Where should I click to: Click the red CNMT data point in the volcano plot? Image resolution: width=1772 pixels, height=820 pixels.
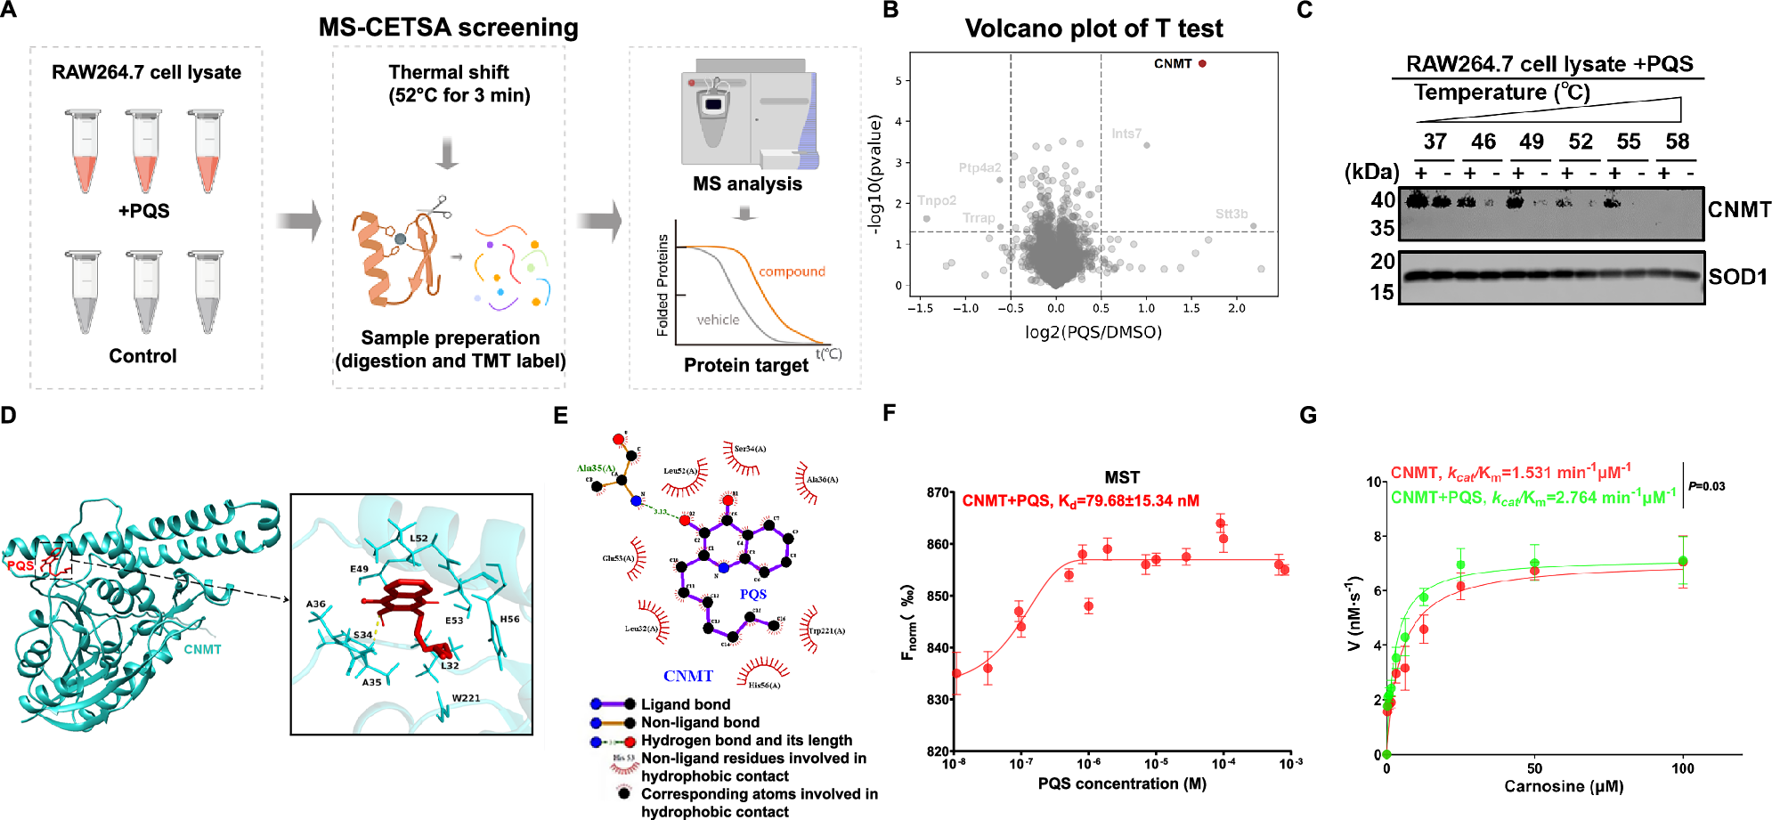click(x=1202, y=63)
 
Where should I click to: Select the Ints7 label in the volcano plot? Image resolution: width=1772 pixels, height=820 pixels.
click(x=1126, y=134)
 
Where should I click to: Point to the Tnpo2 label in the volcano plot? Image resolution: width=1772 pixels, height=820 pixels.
click(x=937, y=200)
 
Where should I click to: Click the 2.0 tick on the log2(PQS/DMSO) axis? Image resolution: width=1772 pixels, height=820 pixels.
click(x=1237, y=308)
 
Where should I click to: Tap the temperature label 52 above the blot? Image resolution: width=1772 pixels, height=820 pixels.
click(x=1581, y=142)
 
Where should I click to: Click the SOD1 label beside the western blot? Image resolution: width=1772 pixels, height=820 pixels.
click(x=1737, y=277)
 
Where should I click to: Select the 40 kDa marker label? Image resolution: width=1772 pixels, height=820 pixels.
click(x=1383, y=200)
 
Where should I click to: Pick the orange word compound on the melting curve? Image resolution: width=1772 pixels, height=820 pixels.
click(x=792, y=272)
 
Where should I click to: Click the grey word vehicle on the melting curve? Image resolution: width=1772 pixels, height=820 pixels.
click(x=718, y=320)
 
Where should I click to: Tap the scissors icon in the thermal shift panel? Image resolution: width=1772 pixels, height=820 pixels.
click(x=434, y=207)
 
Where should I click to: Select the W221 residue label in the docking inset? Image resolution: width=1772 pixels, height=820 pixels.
click(x=466, y=698)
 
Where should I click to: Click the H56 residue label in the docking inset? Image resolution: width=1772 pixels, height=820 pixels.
click(x=509, y=619)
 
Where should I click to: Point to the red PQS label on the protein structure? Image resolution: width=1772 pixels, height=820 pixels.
click(x=20, y=565)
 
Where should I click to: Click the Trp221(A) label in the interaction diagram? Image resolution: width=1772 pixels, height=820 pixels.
click(x=827, y=630)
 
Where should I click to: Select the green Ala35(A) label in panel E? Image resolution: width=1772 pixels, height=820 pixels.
click(x=596, y=468)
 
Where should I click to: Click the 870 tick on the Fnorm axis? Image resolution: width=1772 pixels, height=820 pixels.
click(x=938, y=492)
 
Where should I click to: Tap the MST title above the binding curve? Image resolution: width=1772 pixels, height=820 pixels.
click(x=1122, y=477)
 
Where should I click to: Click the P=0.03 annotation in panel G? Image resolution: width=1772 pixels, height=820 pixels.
click(x=1707, y=486)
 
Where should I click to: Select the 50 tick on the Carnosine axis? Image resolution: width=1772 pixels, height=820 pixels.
click(x=1534, y=768)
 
